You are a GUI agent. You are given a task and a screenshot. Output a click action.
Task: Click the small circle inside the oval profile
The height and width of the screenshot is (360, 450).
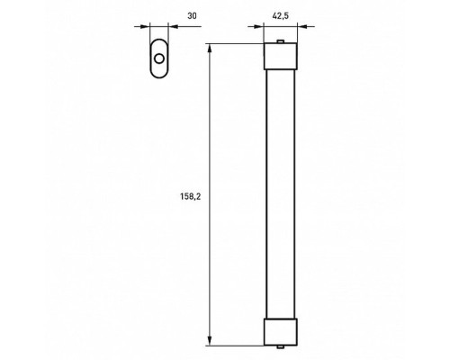pyautogui.click(x=159, y=59)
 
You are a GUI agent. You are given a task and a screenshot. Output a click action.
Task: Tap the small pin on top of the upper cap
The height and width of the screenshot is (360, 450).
pyautogui.click(x=281, y=42)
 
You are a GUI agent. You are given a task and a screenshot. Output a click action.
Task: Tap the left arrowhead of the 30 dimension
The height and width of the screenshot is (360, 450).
pyautogui.click(x=145, y=27)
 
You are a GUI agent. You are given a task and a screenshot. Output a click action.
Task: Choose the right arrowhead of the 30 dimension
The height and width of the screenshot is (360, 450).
pyautogui.click(x=174, y=27)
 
